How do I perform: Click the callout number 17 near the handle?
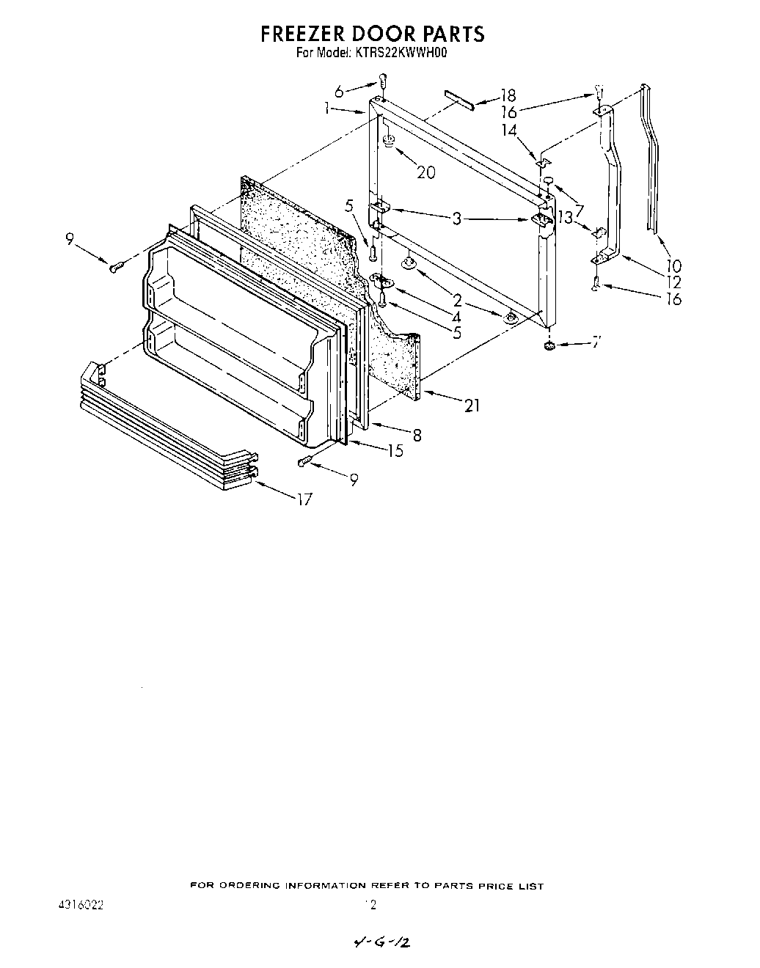click(x=304, y=500)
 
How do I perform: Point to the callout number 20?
click(x=425, y=172)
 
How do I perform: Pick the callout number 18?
click(x=508, y=95)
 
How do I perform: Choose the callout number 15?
click(x=395, y=451)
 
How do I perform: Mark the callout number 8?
click(x=417, y=435)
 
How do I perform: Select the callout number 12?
click(x=673, y=282)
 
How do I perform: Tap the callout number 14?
click(x=509, y=130)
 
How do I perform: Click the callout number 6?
click(x=339, y=92)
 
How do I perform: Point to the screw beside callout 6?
click(x=381, y=81)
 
